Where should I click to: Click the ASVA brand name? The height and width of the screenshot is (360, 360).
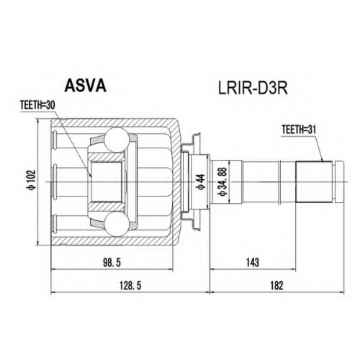[x=86, y=86]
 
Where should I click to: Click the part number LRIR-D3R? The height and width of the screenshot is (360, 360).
[x=252, y=89]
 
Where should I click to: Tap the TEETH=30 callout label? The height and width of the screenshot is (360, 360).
[x=37, y=105]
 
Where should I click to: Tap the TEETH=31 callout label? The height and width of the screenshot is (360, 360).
[x=299, y=130]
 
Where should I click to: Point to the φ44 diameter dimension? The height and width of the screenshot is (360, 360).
[x=201, y=182]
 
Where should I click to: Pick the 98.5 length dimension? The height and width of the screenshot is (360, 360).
[x=112, y=263]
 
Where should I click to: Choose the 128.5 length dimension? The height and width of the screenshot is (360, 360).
[x=131, y=285]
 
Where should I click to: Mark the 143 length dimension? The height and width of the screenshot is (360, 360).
[x=253, y=263]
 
